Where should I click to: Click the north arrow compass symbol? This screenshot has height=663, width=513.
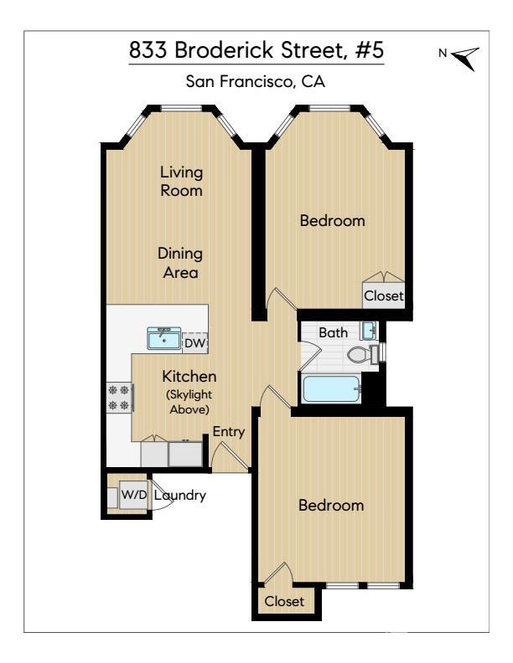click(466, 58)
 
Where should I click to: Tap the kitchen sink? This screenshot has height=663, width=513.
click(163, 338)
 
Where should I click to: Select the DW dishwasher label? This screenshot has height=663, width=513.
click(194, 343)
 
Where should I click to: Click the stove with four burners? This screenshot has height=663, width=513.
click(120, 398)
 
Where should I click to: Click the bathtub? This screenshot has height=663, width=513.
click(332, 389)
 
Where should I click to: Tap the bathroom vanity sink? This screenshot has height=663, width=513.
click(369, 330)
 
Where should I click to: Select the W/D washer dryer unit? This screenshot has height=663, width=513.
click(134, 494)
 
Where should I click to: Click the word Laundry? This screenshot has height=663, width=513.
click(180, 495)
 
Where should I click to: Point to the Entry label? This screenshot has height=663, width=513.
click(229, 432)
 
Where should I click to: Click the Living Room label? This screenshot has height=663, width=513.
click(181, 181)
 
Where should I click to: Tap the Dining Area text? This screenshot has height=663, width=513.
click(180, 263)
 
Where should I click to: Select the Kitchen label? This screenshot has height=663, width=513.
click(189, 376)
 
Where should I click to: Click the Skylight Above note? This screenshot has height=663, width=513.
click(189, 402)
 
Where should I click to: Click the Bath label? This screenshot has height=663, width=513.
click(333, 332)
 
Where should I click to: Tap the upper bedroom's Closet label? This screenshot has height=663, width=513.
click(383, 296)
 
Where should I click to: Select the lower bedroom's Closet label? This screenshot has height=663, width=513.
click(284, 601)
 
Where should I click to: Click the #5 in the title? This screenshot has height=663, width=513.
click(369, 50)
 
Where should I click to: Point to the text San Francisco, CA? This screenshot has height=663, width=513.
click(255, 81)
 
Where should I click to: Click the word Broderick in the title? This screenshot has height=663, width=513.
click(224, 50)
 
